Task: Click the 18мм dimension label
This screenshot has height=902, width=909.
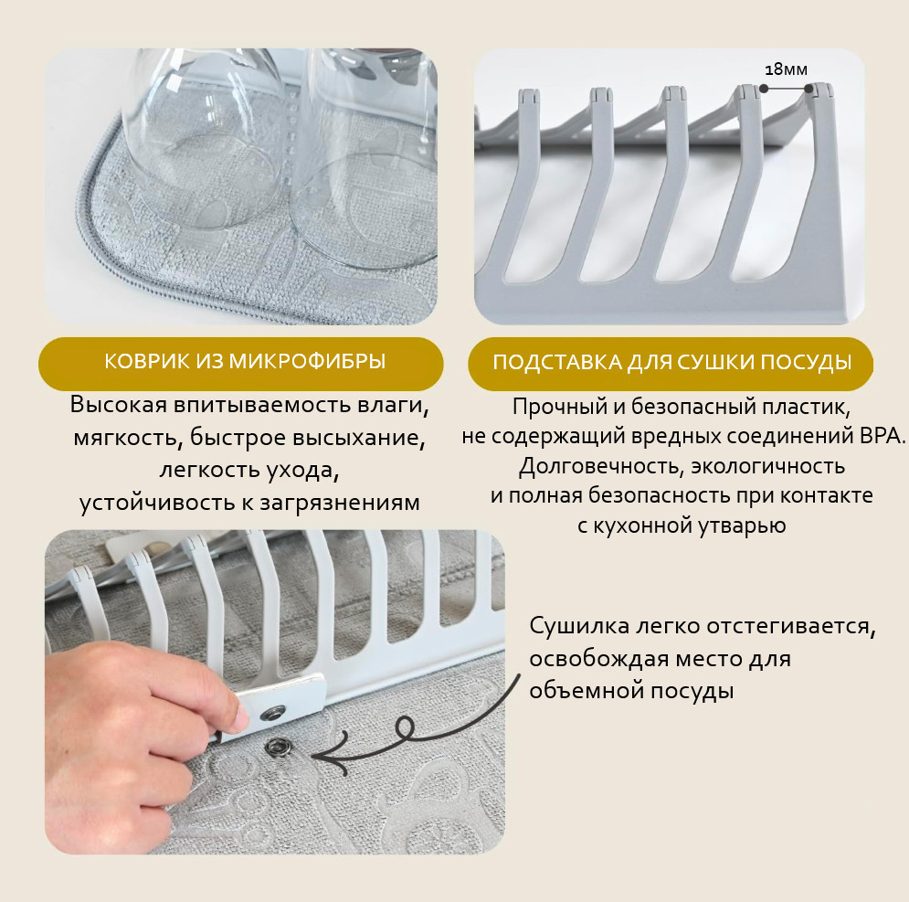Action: (786, 69)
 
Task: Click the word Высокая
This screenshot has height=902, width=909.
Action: (118, 405)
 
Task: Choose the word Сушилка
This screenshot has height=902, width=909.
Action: (579, 627)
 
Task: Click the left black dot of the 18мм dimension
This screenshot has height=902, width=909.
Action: (764, 89)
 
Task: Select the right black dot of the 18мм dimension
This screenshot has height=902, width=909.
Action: (809, 89)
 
